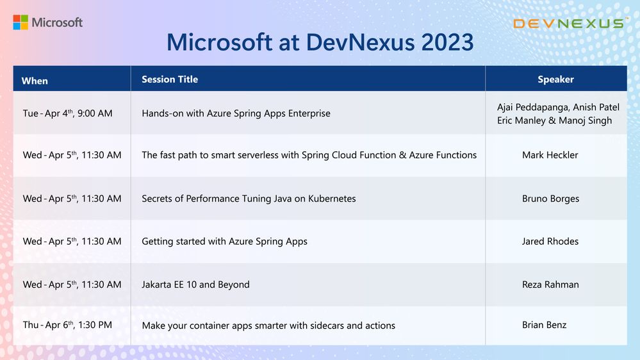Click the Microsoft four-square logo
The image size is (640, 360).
point(21,22)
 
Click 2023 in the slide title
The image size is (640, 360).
point(447,42)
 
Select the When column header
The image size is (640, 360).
point(35,81)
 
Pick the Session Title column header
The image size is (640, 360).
point(170,79)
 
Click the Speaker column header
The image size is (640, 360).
point(555,79)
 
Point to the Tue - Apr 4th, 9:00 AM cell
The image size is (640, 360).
point(67,113)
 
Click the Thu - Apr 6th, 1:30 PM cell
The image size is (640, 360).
point(67,325)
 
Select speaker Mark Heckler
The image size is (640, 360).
point(550,154)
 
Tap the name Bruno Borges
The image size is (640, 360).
point(550,199)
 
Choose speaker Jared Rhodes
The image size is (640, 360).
point(550,241)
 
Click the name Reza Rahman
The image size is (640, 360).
point(550,284)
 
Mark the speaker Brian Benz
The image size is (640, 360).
point(544,325)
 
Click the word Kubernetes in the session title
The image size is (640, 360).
point(332,199)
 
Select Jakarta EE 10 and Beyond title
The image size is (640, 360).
point(195,284)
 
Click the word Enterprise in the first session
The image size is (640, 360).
point(309,113)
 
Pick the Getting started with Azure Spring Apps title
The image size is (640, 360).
point(224,241)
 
